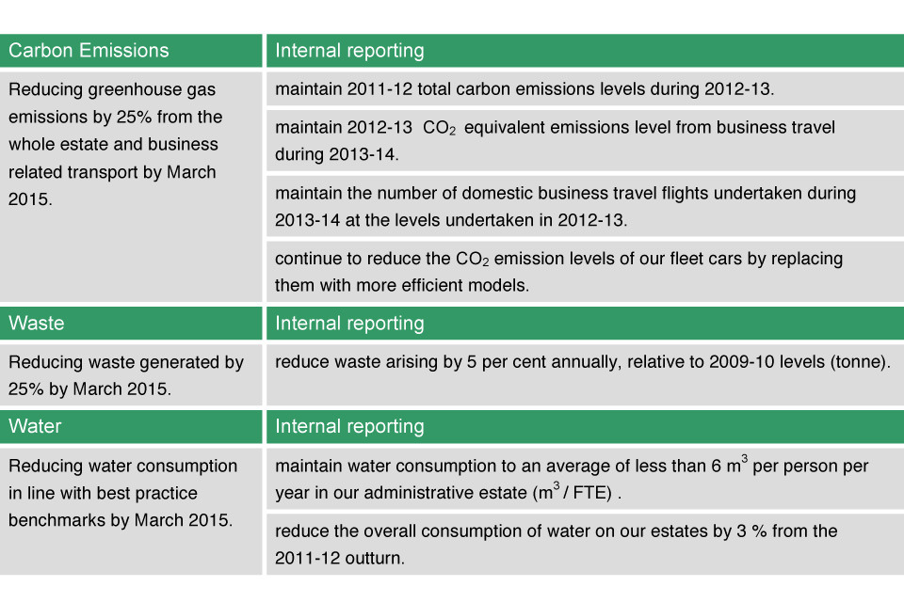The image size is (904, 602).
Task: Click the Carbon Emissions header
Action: [89, 51]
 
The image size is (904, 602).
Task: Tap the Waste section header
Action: [37, 324]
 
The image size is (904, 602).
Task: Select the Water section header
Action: [35, 426]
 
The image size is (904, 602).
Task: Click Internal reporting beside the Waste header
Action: [349, 324]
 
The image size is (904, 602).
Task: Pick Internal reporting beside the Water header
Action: [349, 427]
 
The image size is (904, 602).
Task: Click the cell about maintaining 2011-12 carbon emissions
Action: [585, 88]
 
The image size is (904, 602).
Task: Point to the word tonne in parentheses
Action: [857, 362]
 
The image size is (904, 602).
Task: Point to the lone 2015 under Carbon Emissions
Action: [30, 199]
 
